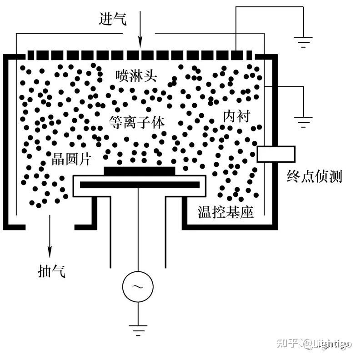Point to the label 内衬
(236, 116)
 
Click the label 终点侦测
(314, 176)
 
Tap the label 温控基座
(225, 212)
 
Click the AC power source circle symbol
(138, 286)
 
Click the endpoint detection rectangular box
(276, 154)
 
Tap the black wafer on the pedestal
(139, 171)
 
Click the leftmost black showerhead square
(31, 55)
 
